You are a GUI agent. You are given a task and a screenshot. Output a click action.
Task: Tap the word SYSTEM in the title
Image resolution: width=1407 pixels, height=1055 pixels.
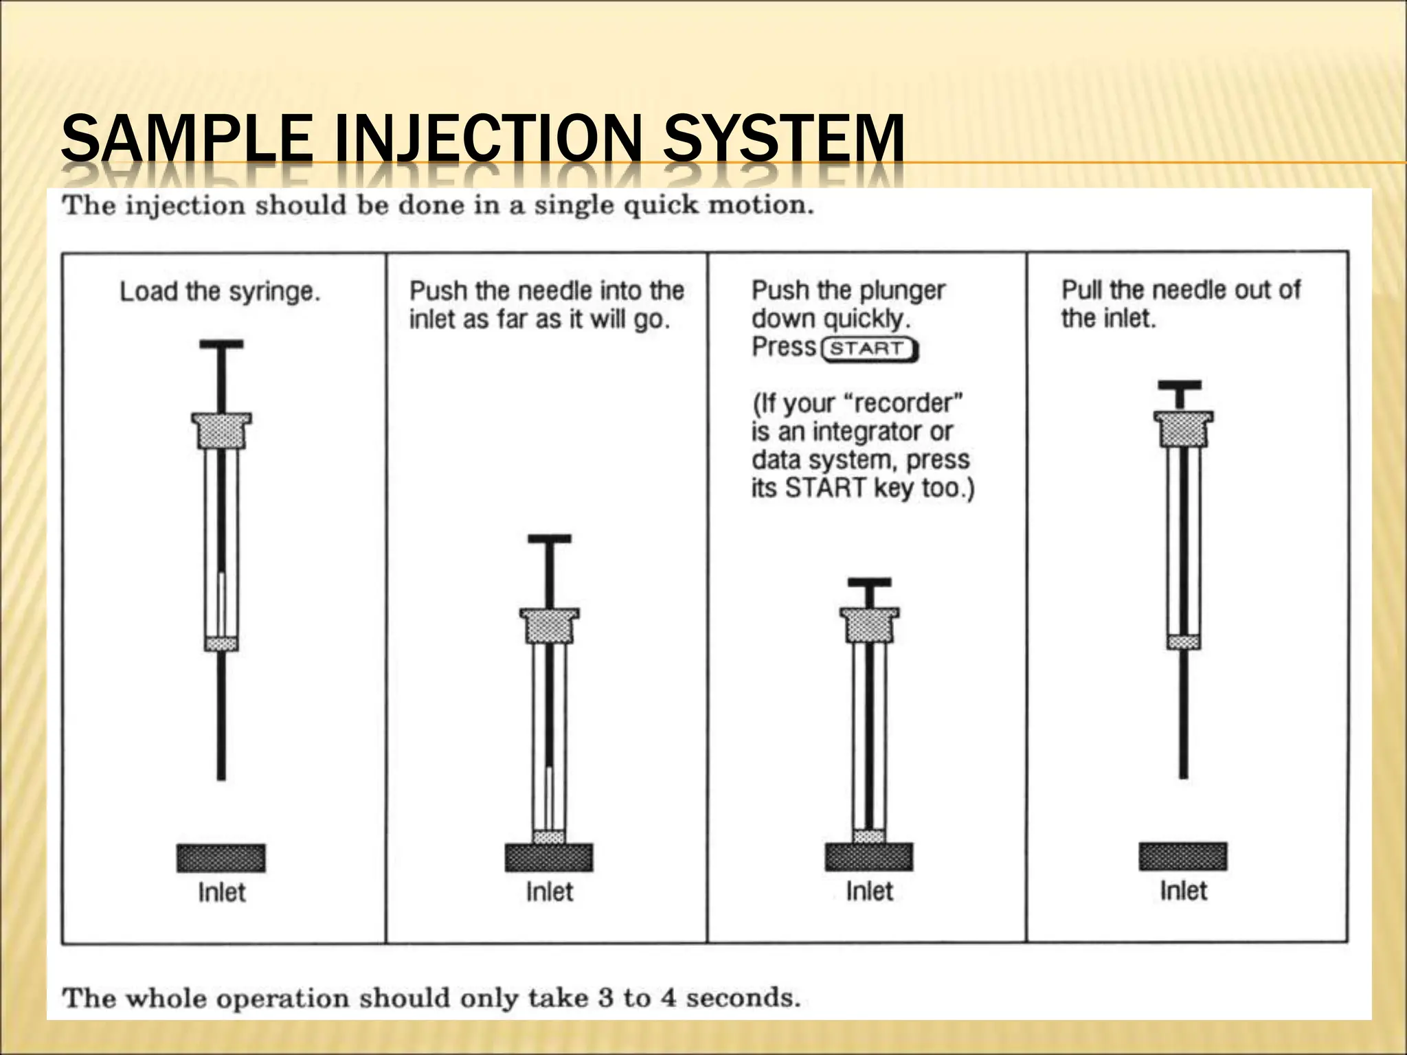[x=783, y=139]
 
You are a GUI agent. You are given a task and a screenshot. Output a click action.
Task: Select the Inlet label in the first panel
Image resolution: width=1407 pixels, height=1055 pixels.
[x=221, y=892]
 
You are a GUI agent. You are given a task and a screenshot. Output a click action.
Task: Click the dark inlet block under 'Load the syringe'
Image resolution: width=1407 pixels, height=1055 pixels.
[x=221, y=858]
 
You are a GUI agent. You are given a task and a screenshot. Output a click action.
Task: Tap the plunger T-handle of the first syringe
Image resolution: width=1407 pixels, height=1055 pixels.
[x=221, y=345]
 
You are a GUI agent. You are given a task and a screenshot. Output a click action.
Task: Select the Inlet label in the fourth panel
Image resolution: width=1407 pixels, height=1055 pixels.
[x=1183, y=891]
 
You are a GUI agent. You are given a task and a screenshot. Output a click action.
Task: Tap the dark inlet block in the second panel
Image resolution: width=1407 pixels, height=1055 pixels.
[x=549, y=857]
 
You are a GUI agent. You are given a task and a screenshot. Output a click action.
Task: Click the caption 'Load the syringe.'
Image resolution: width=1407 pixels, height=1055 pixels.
[x=220, y=292]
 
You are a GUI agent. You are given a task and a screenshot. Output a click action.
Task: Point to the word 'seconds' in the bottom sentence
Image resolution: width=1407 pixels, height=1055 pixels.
[x=743, y=997]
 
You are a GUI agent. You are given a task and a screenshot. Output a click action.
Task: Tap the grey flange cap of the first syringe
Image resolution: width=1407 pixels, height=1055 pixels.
[x=221, y=430]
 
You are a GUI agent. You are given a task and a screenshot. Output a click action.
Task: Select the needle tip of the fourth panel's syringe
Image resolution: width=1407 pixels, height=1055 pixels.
[x=1183, y=775]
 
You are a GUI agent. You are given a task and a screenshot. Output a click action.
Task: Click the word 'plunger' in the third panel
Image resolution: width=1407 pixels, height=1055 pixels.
[x=905, y=291]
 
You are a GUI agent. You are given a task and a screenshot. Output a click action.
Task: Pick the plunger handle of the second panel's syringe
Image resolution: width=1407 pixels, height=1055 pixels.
[x=549, y=540]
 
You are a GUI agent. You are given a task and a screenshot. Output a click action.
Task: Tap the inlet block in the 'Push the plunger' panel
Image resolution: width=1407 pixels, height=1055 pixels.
[x=869, y=857]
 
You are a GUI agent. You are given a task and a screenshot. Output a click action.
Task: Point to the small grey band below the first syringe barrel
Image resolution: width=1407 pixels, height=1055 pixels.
[x=221, y=644]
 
